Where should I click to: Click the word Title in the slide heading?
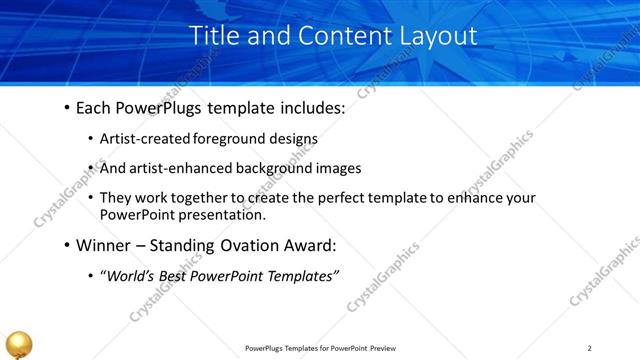pos(212,36)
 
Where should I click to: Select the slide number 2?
pos(590,348)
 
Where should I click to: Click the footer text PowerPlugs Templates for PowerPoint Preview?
pos(320,348)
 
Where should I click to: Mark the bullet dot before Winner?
pos(66,244)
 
